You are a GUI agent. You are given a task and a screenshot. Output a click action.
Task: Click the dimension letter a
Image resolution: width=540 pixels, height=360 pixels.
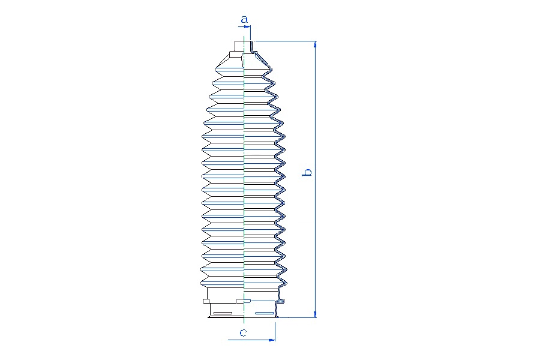[244, 19]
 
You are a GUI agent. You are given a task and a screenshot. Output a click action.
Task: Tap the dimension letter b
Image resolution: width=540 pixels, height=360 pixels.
[307, 172]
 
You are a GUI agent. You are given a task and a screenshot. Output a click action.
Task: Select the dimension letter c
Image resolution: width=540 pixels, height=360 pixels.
[243, 333]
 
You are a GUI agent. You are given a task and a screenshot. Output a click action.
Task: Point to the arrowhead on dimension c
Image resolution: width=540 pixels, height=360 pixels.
[272, 340]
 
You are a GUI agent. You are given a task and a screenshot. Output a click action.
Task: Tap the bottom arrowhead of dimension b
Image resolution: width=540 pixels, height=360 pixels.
[315, 314]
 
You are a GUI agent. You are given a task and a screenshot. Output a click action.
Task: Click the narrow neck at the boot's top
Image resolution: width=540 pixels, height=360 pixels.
[244, 46]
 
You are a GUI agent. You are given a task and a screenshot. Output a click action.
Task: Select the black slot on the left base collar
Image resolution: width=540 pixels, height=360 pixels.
[223, 313]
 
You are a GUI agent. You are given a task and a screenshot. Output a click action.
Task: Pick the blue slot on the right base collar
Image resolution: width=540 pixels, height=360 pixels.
[265, 313]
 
